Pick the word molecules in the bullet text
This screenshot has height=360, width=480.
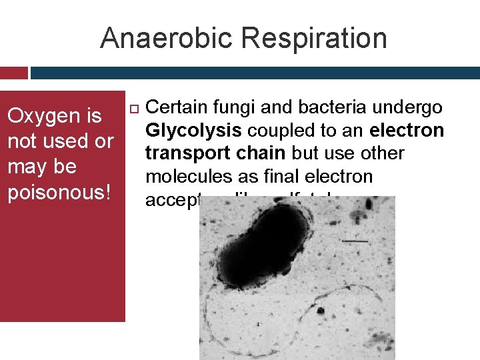click(184, 176)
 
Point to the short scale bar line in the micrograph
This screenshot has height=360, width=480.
click(355, 241)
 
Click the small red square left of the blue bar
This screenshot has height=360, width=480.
click(13, 73)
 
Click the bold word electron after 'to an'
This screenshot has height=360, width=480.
click(407, 130)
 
